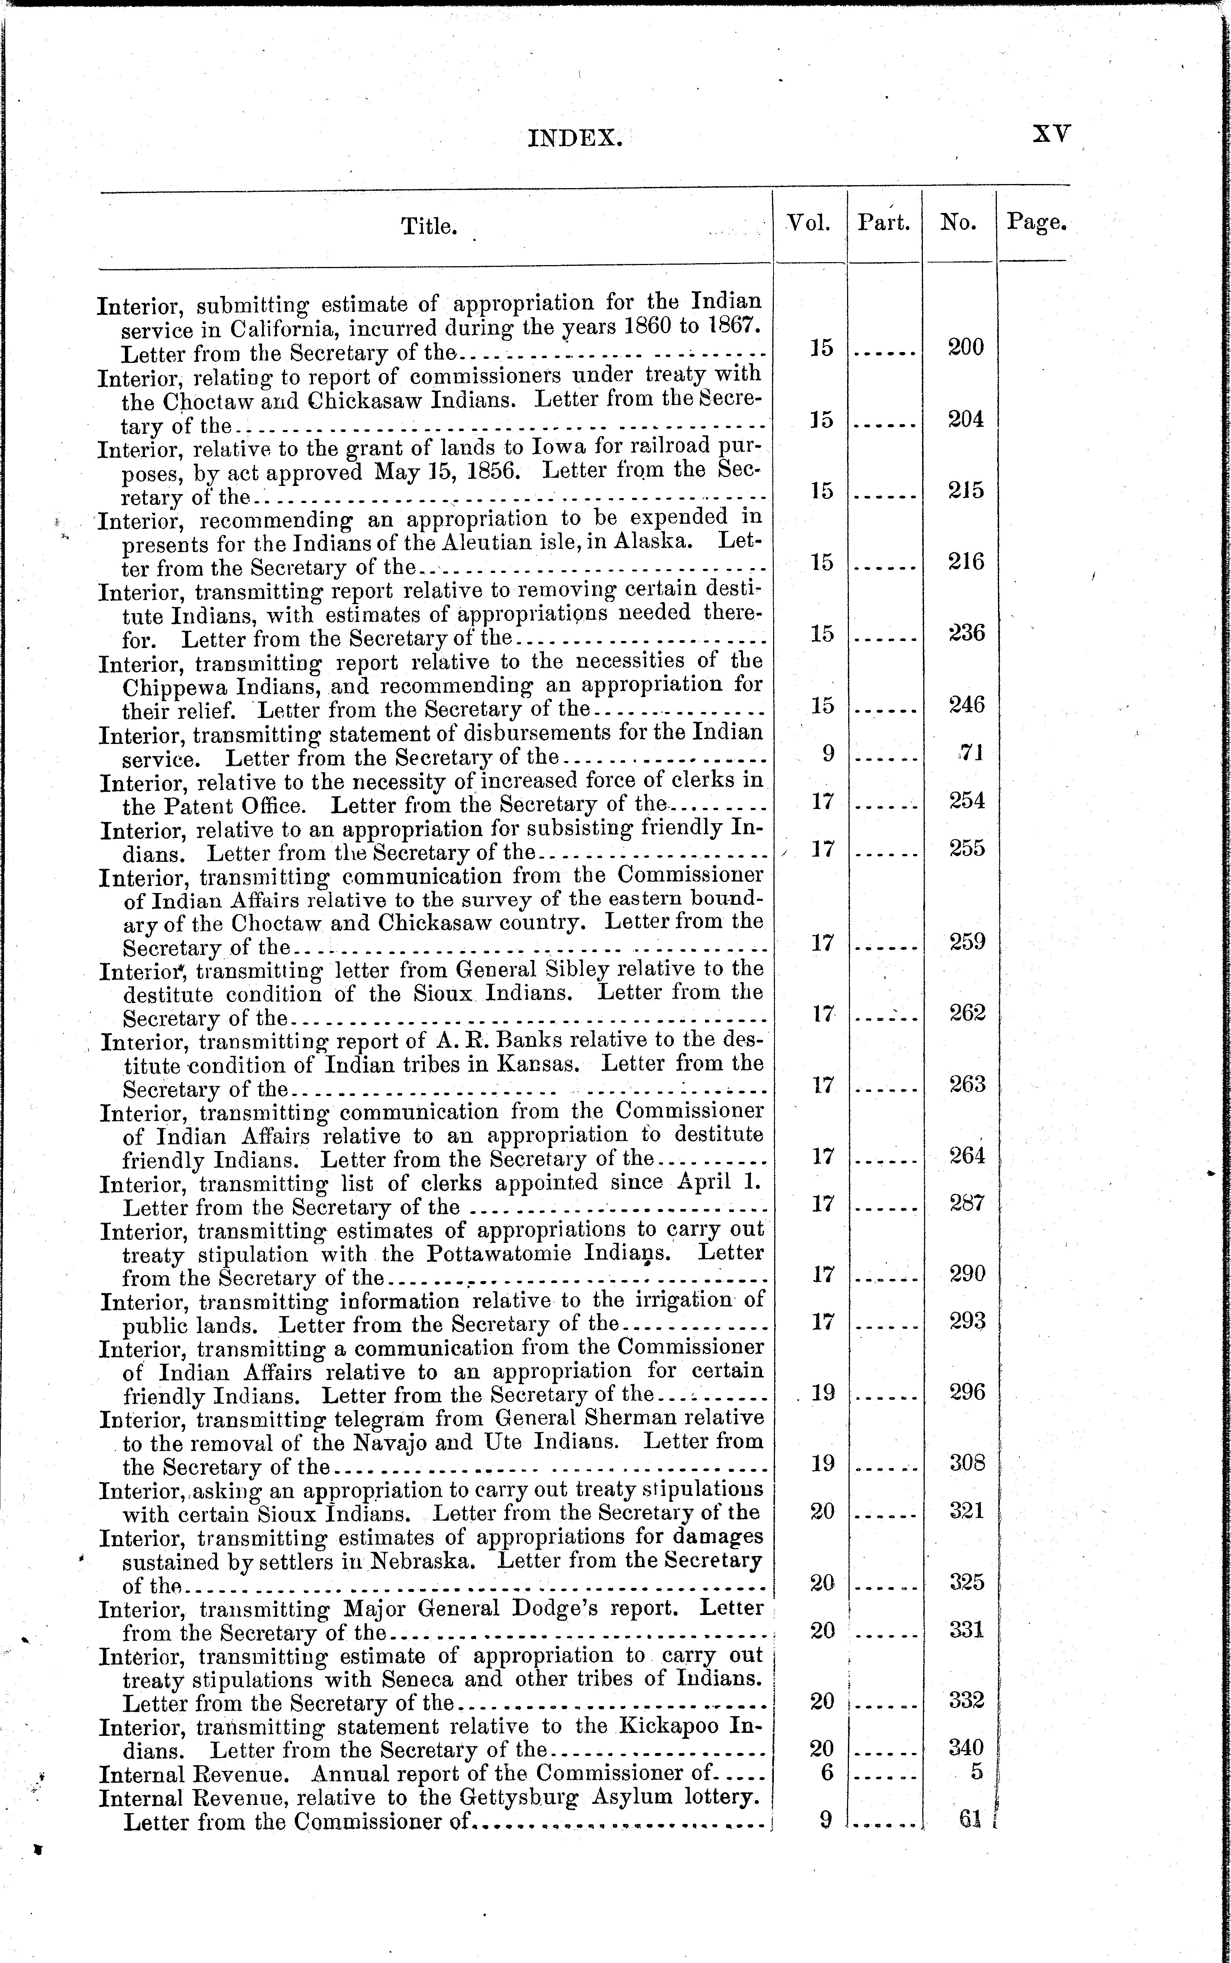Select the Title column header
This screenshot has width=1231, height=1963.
coord(428,226)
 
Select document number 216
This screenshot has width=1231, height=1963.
coord(966,562)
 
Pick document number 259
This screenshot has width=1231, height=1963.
coord(967,942)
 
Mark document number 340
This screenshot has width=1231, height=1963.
coord(967,1747)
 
